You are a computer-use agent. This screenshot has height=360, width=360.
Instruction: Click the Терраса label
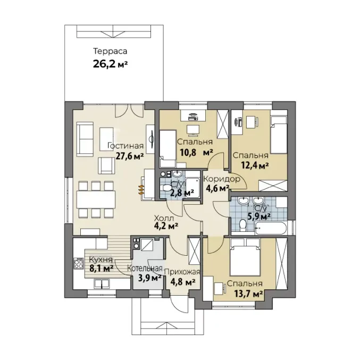[110, 51]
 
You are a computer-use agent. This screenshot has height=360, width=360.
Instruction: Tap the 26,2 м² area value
[110, 64]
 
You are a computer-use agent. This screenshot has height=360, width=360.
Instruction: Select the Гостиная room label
[125, 146]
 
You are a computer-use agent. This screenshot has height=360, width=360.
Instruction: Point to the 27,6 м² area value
[130, 156]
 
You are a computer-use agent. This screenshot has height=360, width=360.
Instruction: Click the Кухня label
[101, 260]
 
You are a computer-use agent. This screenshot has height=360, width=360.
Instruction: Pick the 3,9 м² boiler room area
[149, 278]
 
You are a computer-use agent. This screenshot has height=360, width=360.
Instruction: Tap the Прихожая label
[182, 272]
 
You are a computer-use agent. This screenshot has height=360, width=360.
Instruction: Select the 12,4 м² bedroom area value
[255, 165]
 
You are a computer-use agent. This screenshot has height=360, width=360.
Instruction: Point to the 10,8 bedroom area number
[188, 152]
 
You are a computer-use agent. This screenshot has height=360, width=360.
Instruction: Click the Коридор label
[222, 179]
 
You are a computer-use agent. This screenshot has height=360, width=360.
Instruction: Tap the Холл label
[164, 217]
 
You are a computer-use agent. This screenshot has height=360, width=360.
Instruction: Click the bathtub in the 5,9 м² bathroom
[271, 228]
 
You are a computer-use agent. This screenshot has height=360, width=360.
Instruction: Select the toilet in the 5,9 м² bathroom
[242, 225]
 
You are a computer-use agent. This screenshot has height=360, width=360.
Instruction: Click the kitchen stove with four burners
[78, 263]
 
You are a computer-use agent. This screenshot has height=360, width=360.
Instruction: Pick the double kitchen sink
[102, 283]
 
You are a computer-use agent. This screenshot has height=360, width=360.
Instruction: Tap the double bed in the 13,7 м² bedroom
[245, 257]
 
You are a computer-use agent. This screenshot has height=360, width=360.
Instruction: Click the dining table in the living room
[96, 199]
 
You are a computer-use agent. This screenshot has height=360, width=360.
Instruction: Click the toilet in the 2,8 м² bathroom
[166, 188]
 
